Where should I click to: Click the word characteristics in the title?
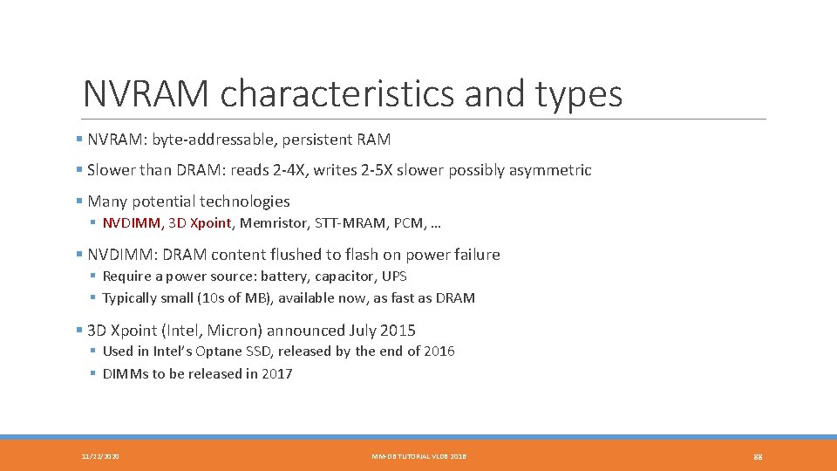click(x=337, y=94)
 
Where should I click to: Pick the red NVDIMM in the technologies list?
click(x=132, y=222)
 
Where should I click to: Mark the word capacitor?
click(x=344, y=276)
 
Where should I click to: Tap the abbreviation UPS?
click(x=394, y=276)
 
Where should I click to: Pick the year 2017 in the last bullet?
click(x=277, y=374)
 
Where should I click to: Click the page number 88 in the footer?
click(x=757, y=456)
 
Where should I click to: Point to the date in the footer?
click(x=100, y=456)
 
